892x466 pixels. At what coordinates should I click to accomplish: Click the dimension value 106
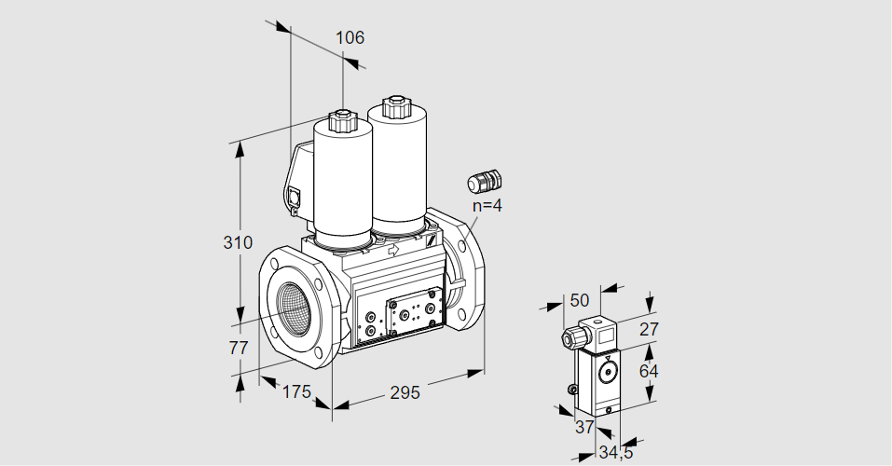[x=350, y=38]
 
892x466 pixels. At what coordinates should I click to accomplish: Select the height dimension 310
[x=238, y=243]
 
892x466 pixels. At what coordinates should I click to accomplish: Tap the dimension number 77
[x=239, y=348]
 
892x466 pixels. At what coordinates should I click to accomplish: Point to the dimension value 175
[x=295, y=392]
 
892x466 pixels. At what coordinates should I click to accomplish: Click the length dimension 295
[x=405, y=392]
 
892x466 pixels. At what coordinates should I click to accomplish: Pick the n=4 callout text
[x=487, y=205]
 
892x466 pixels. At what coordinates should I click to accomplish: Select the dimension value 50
[x=580, y=300]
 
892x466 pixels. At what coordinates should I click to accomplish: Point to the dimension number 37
[x=584, y=427]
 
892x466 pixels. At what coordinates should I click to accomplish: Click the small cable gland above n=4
[x=485, y=179]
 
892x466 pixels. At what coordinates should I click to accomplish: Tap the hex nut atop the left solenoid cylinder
[x=341, y=120]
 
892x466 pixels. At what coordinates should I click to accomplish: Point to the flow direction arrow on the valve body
[x=392, y=251]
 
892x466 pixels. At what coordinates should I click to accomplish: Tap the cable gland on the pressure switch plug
[x=568, y=337]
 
